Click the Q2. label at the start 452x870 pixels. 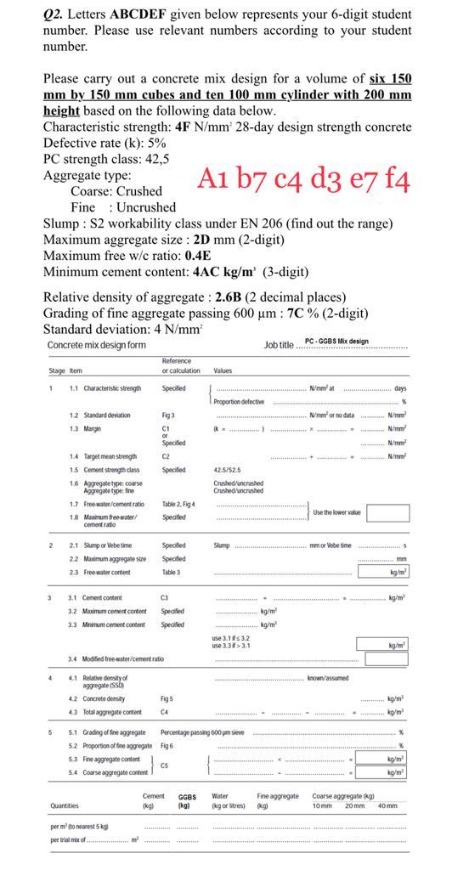coord(54,14)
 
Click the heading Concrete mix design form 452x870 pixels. coord(96,345)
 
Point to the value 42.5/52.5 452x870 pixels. coord(230,470)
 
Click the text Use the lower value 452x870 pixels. coord(338,512)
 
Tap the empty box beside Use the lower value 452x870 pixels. coord(388,512)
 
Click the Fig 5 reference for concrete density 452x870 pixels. coord(167,698)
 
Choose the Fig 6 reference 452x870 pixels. coord(167,746)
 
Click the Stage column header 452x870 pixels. coord(57,370)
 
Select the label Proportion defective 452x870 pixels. coord(239,402)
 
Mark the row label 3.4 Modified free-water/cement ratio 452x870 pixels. coord(117,658)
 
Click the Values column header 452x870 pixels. coord(223,370)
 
